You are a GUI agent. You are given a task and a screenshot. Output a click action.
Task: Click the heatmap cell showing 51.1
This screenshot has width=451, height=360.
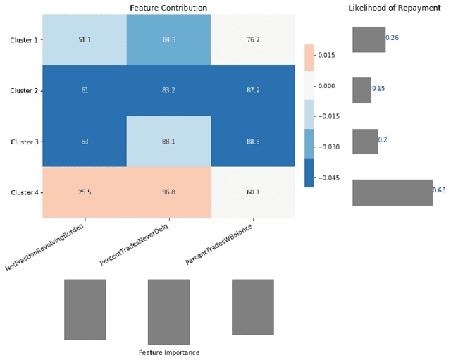85,40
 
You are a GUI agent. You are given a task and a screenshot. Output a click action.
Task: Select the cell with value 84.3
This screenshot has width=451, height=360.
168,40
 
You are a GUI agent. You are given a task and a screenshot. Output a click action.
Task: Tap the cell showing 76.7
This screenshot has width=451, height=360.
253,40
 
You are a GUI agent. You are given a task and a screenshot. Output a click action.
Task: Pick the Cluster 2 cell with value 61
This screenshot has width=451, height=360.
85,91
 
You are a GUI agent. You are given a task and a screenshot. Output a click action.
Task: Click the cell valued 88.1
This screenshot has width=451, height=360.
168,142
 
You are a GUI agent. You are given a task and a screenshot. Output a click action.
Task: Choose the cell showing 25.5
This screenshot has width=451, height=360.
85,192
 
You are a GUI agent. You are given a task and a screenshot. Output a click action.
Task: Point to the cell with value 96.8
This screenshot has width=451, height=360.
168,192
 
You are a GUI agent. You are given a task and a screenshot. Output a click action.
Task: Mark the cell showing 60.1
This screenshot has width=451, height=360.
253,192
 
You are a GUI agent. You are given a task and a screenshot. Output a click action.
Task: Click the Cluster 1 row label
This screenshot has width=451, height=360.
23,40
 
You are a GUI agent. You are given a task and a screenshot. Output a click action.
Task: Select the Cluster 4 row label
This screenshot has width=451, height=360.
23,192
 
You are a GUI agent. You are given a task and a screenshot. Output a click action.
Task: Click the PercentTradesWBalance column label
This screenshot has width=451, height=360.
220,247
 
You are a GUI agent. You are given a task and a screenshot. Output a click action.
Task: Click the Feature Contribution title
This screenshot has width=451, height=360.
168,8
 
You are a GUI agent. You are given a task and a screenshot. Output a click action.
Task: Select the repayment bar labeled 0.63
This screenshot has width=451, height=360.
392,192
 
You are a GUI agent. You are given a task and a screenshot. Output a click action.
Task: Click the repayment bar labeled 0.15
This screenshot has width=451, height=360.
362,90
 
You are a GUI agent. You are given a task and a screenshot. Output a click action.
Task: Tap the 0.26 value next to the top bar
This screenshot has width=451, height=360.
393,38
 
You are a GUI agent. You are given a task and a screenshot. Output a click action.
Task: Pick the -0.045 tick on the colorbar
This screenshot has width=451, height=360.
328,178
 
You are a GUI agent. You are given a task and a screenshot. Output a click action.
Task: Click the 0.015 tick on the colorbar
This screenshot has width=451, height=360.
326,54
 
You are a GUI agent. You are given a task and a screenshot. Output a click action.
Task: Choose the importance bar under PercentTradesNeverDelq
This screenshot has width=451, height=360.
168,311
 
